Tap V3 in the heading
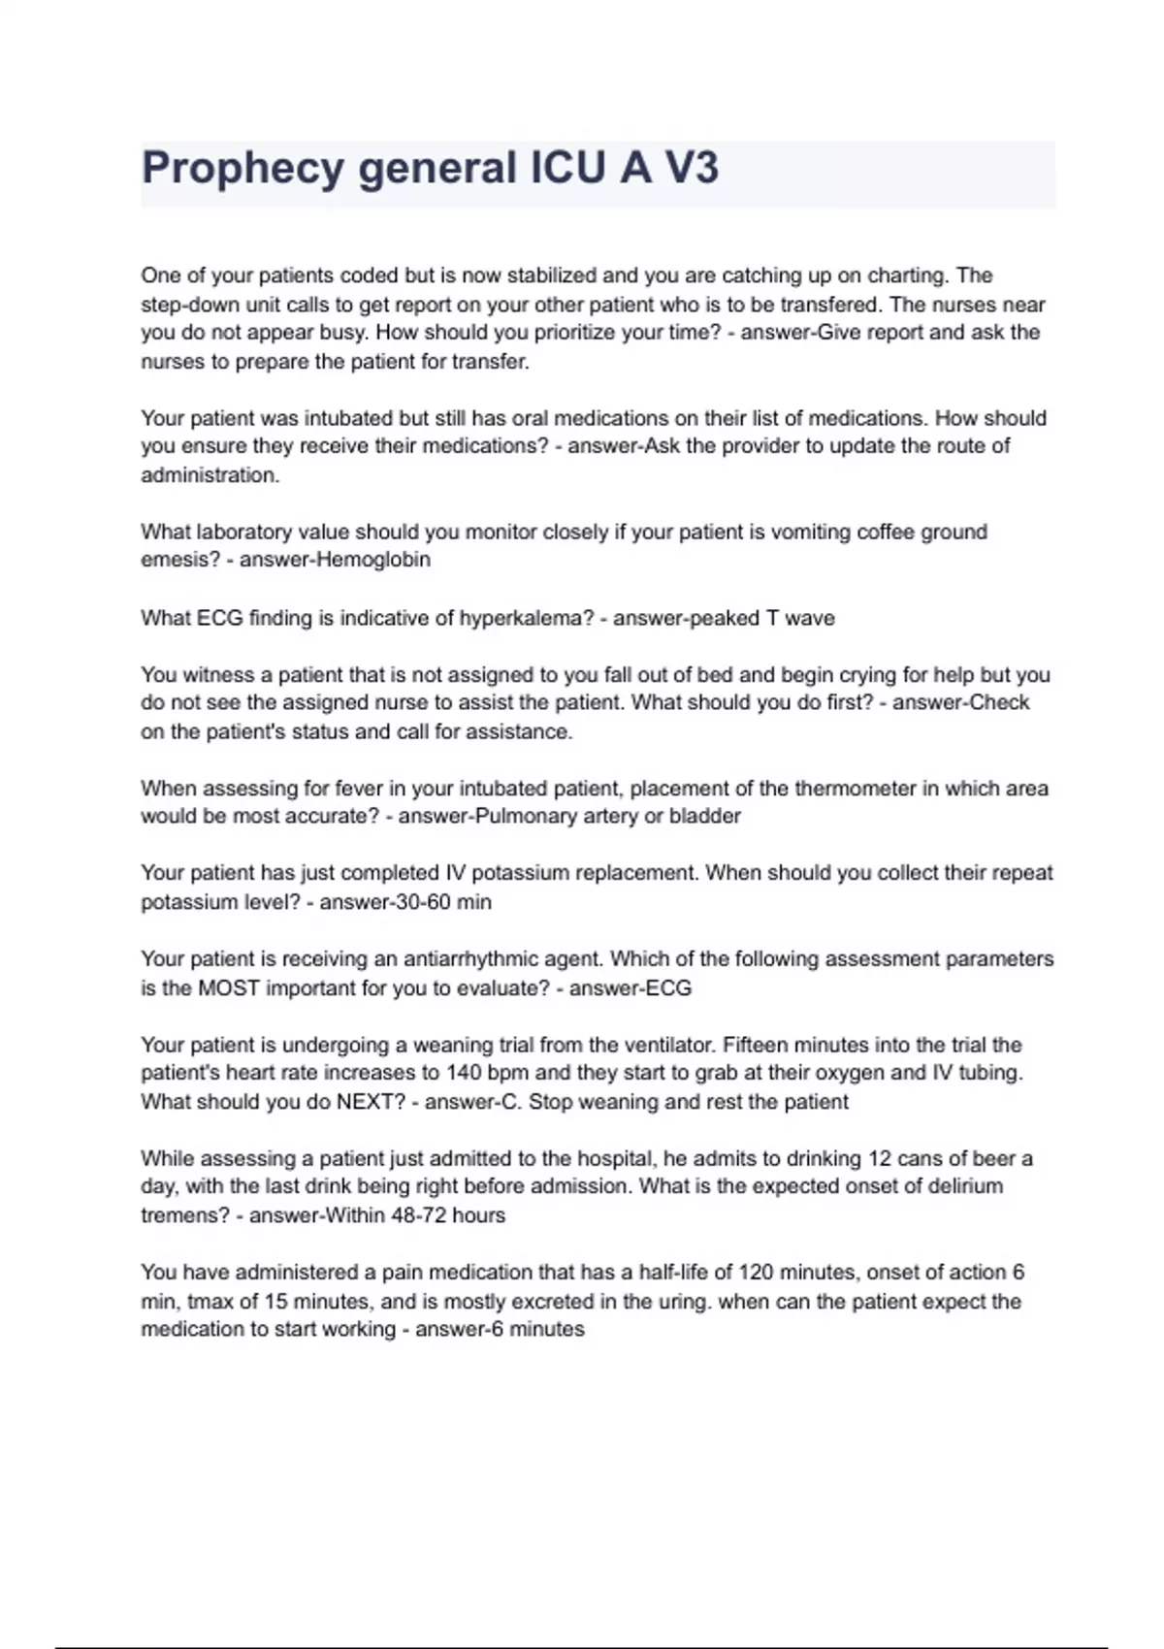coord(691,168)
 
